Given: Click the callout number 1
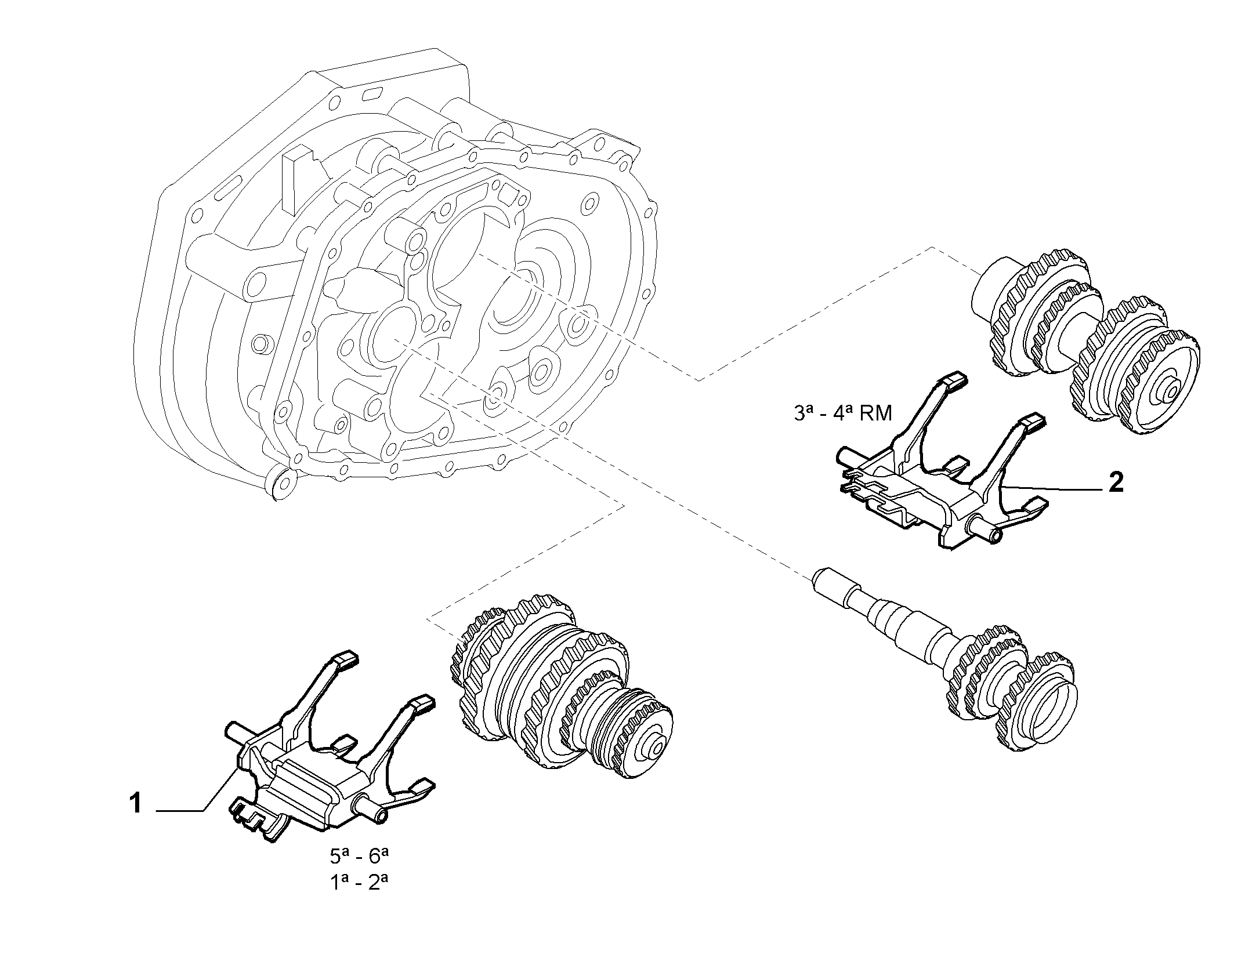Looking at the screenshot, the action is click(x=136, y=804).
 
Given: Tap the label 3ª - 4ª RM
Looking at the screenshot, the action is click(x=842, y=413).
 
